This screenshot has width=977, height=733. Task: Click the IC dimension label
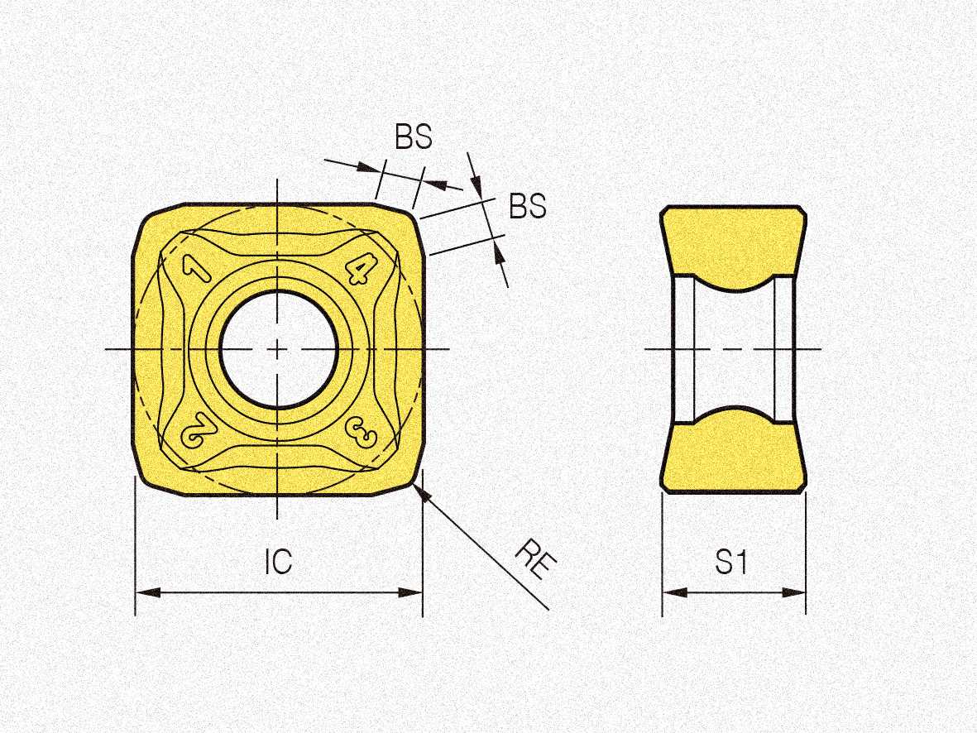[278, 562]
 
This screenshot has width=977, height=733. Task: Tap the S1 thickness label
[730, 562]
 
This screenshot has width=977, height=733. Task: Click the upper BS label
[413, 137]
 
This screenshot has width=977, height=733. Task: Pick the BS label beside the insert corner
[527, 205]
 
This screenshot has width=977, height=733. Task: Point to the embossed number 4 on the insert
[360, 269]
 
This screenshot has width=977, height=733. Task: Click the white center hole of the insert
[279, 349]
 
